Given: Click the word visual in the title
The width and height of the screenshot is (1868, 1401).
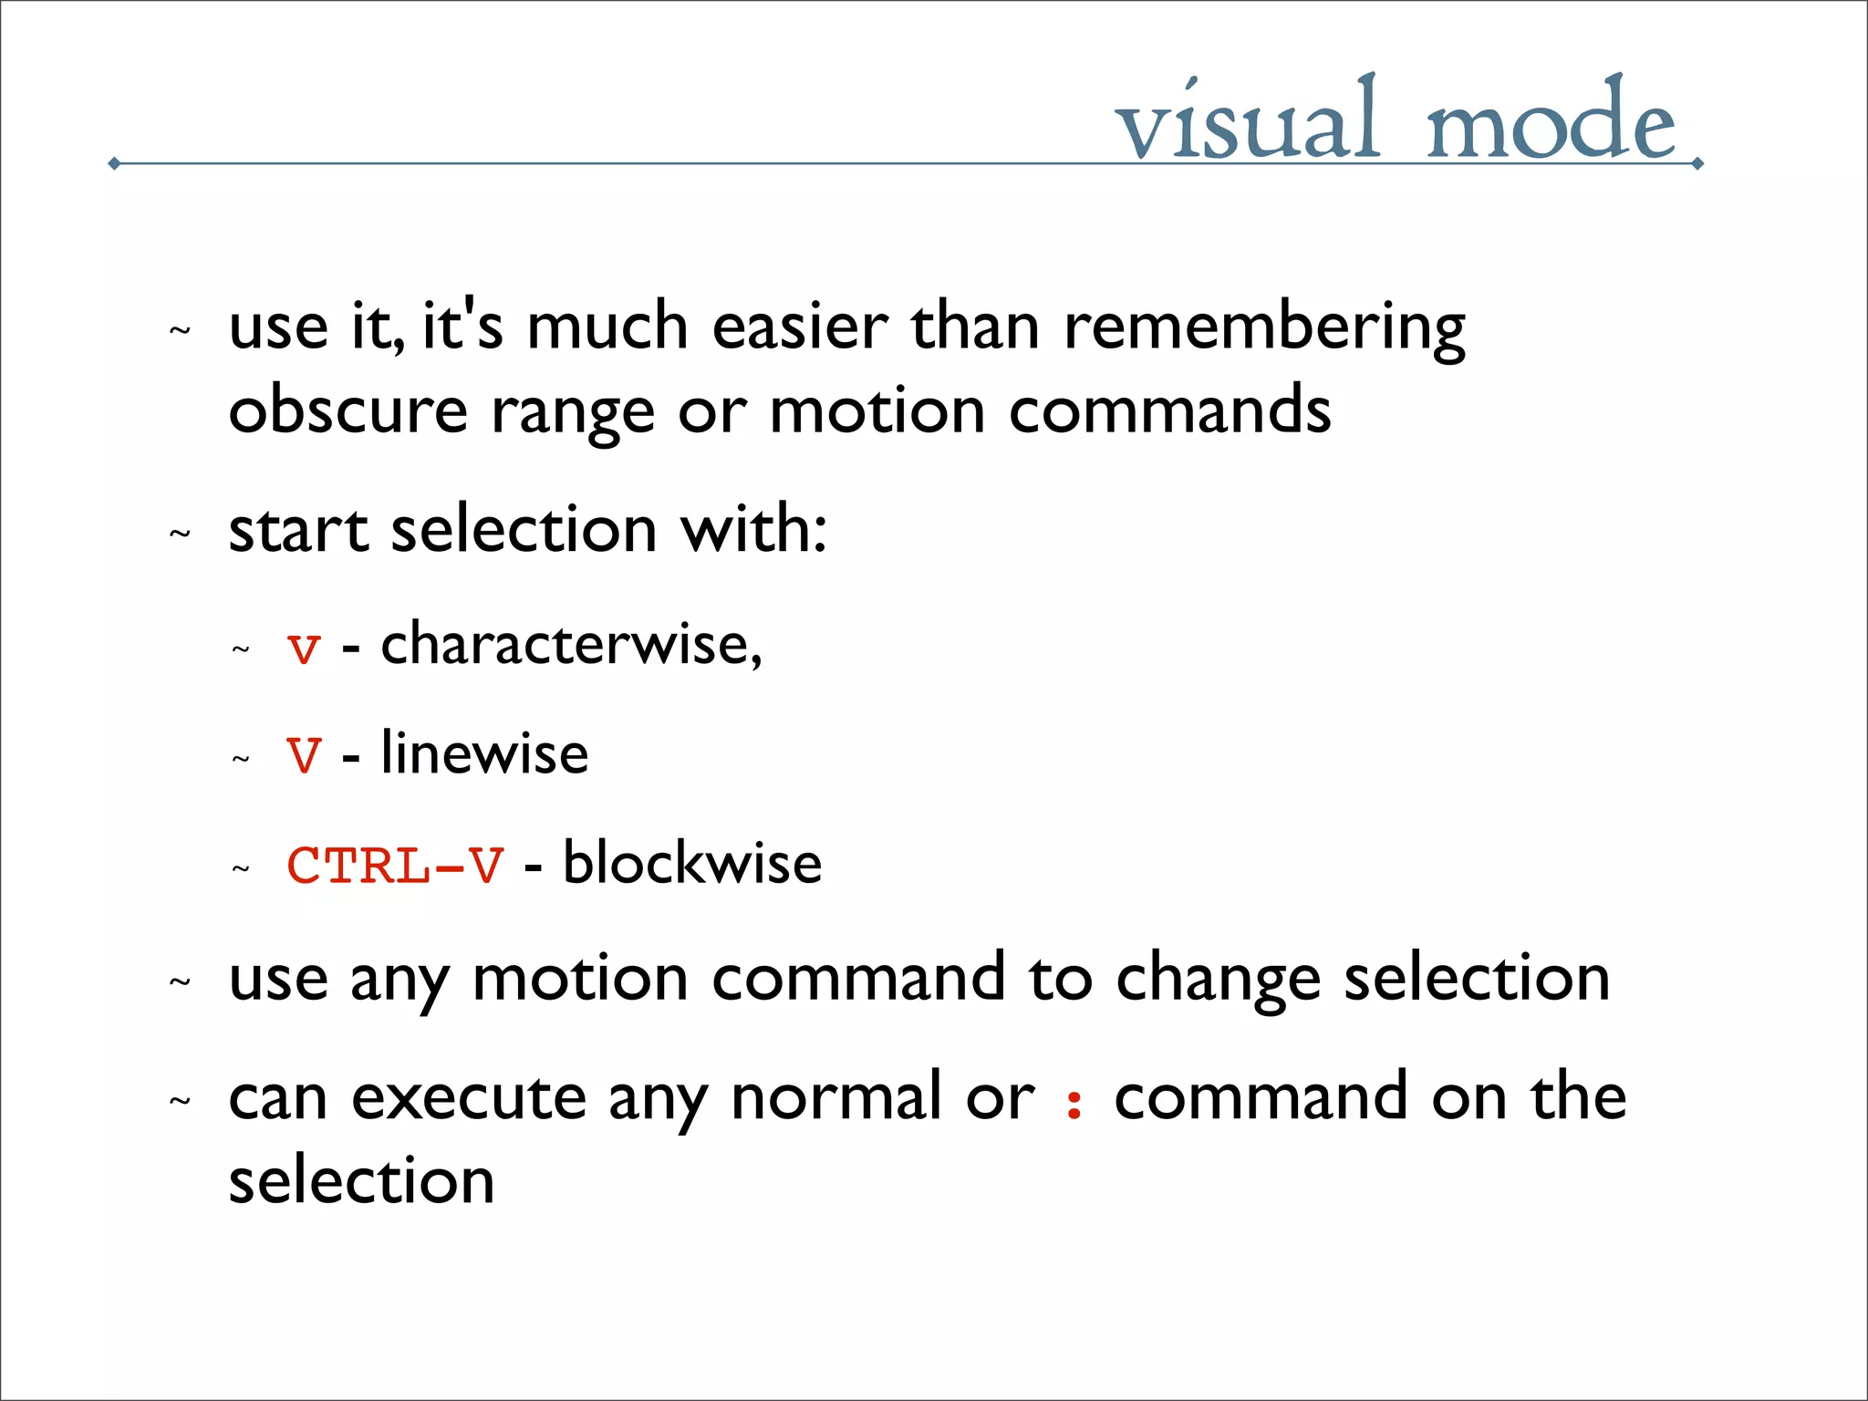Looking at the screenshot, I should (1247, 123).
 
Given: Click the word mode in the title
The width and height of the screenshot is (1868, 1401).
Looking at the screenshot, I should (1551, 123).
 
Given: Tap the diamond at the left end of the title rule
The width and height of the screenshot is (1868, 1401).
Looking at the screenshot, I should (114, 164).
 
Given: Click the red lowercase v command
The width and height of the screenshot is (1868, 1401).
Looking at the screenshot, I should (304, 649).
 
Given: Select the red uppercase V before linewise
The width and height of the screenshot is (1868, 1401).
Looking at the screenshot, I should (304, 756).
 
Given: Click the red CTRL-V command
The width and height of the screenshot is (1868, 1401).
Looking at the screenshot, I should (395, 866).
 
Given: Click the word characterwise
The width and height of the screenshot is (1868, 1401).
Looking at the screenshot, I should (570, 644).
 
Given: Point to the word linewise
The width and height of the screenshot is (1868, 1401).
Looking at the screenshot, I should (484, 753).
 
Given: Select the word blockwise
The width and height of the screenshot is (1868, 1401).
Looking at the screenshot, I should (692, 863).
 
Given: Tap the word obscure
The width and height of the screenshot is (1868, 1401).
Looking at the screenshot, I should (348, 411).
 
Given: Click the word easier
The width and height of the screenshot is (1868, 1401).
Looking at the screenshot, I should (799, 327).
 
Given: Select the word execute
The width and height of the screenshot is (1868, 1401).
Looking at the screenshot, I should (469, 1098).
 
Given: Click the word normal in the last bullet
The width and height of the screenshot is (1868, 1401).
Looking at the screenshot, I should (836, 1098).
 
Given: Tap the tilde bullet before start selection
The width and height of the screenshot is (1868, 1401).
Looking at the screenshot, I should (181, 534).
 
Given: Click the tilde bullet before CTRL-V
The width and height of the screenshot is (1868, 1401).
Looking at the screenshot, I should (241, 869).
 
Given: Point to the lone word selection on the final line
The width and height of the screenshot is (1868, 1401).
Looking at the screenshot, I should (361, 1182).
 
